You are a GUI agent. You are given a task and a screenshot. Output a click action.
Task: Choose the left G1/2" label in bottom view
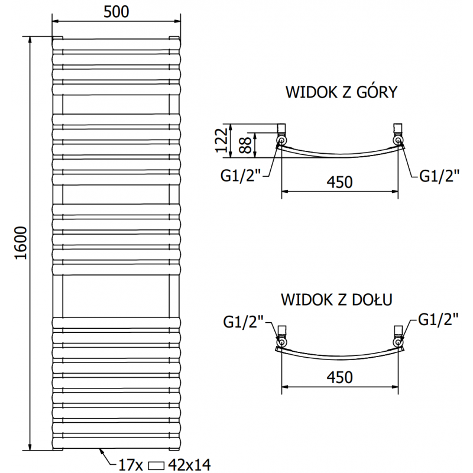click(244, 323)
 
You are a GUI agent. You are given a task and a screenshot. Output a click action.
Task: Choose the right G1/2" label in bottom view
click(438, 319)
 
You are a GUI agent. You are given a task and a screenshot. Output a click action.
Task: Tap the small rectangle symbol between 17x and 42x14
click(157, 465)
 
